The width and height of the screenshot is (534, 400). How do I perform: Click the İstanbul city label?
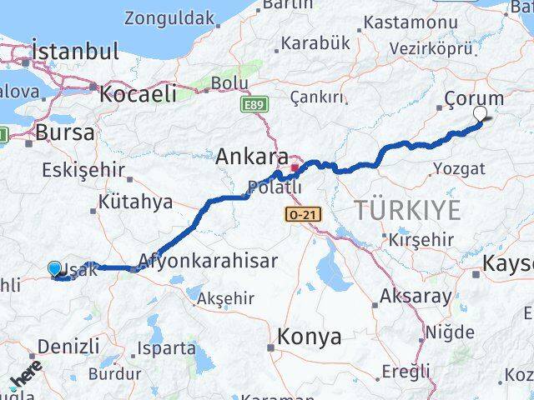74,52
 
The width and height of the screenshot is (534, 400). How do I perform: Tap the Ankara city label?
252,156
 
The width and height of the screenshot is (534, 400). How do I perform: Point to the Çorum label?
474,98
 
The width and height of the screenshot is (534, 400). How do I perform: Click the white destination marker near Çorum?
481,117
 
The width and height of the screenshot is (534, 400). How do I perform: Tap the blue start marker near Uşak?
55,268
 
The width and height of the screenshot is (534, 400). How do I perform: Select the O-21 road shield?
301,214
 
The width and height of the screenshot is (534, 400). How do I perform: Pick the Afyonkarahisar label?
208,261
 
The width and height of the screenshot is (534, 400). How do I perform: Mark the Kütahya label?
135,202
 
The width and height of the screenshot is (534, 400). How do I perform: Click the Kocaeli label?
137,94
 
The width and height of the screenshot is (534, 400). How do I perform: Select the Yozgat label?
458,169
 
